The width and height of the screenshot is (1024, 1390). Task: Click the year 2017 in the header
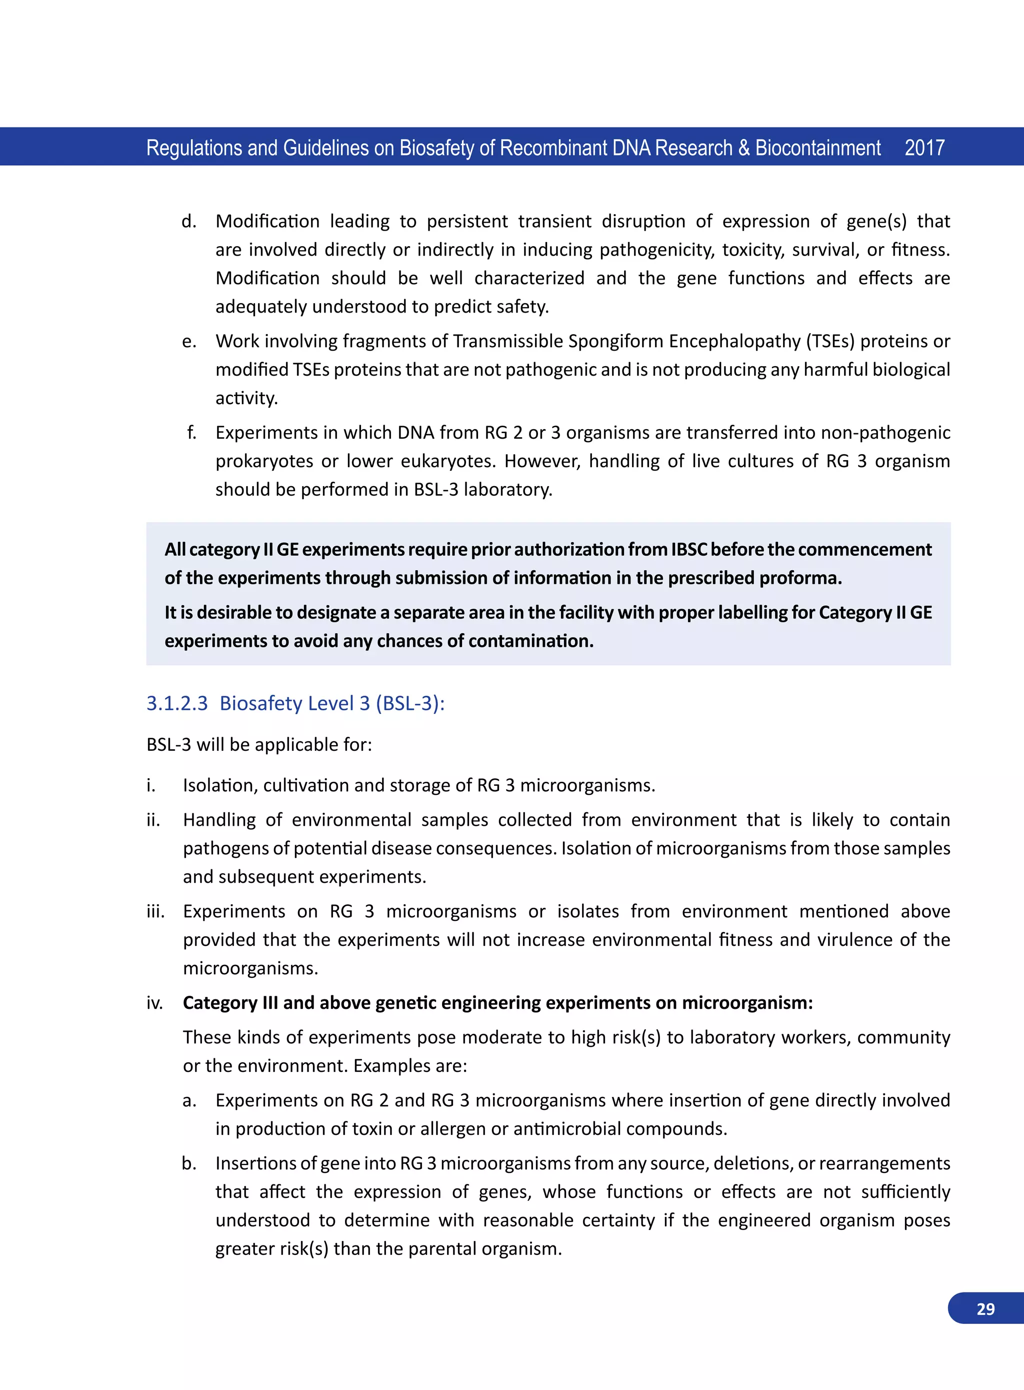(924, 148)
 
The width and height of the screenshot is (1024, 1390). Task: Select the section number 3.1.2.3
(176, 703)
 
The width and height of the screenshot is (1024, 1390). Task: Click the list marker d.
(188, 222)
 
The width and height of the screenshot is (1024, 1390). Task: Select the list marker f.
(191, 432)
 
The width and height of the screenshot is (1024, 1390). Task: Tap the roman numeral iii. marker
(155, 911)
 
